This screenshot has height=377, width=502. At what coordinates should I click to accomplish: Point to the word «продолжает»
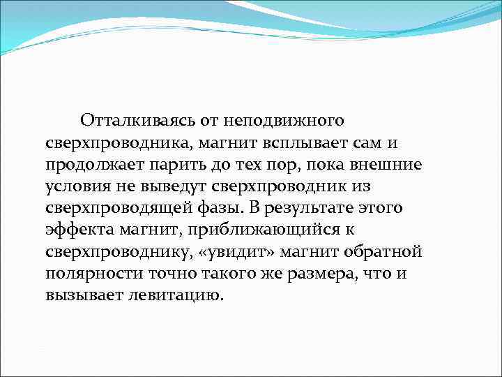(x=88, y=165)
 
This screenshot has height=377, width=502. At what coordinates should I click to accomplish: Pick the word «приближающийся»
(x=236, y=230)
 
